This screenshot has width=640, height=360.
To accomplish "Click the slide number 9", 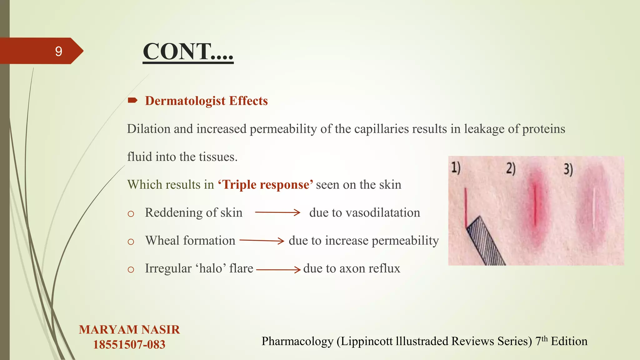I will [x=58, y=51].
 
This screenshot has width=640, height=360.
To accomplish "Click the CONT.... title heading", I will [x=188, y=52].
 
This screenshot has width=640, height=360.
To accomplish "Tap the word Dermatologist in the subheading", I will [x=185, y=101].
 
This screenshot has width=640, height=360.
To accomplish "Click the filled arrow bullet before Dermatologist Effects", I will [x=132, y=100].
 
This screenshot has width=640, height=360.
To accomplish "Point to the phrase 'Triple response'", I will [x=265, y=185].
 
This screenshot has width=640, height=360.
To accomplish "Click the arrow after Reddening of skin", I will [x=277, y=212].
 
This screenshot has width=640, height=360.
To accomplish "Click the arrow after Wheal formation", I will [x=262, y=241].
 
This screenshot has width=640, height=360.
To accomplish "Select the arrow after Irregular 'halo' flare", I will [x=278, y=269].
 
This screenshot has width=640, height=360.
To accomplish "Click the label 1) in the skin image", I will [x=456, y=168].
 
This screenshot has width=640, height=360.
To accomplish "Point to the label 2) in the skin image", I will [x=511, y=168].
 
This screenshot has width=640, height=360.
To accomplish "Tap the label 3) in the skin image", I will [x=568, y=169].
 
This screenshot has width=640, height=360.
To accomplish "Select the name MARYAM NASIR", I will [x=129, y=330].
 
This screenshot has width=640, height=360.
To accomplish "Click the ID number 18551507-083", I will [x=129, y=345].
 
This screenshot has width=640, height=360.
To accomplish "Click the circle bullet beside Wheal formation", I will [x=131, y=242].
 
